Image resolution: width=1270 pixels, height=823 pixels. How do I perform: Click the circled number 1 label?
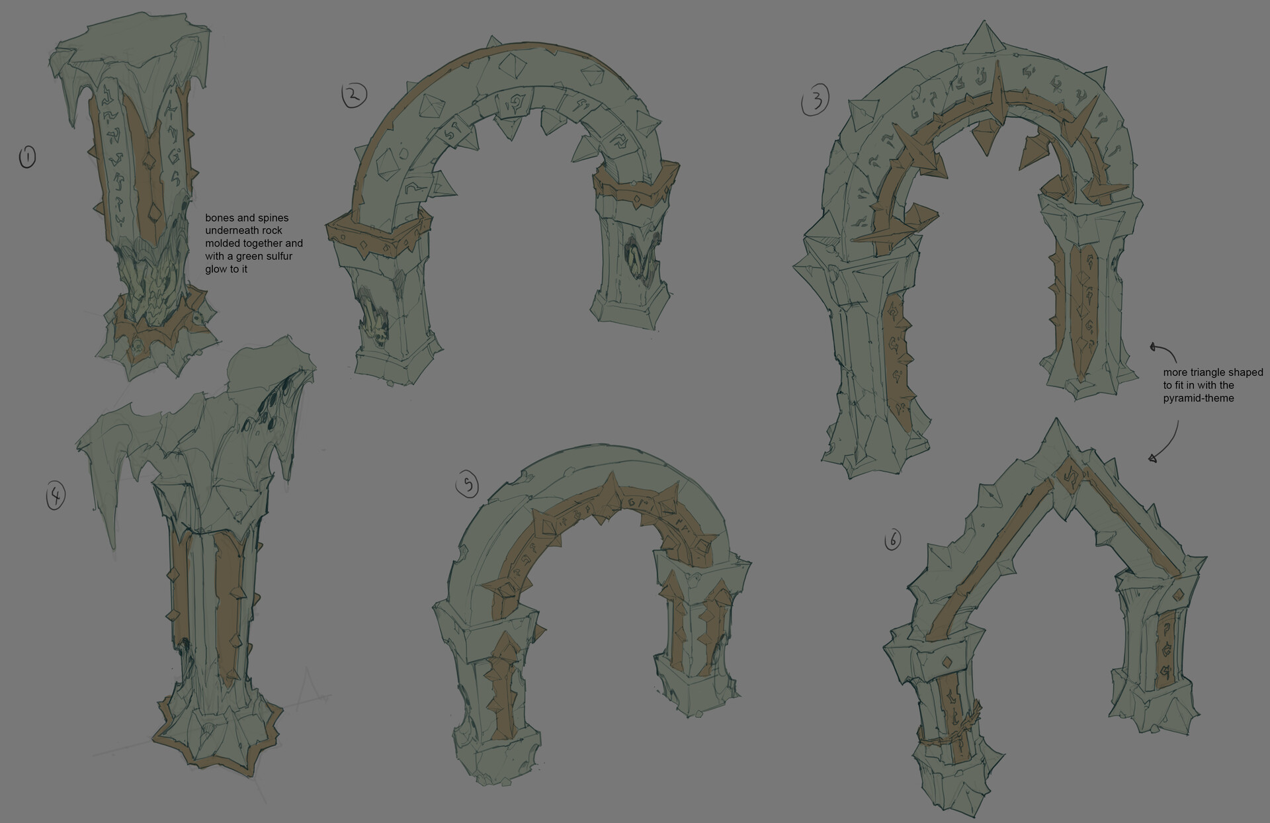(27, 157)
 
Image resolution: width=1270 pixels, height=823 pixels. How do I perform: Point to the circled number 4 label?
(56, 496)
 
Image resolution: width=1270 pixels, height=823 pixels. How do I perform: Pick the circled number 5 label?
(468, 486)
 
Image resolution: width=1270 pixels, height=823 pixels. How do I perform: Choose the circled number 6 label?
(892, 541)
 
